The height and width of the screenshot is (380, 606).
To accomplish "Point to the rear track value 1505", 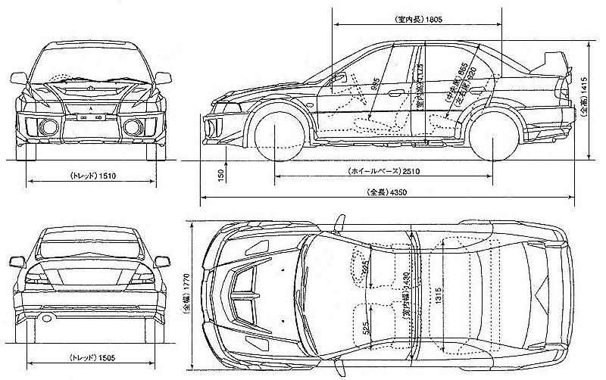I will (111, 357).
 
